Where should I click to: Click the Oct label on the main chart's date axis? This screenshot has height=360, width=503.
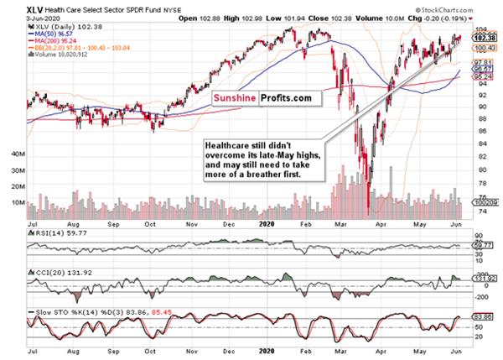point(151,224)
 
